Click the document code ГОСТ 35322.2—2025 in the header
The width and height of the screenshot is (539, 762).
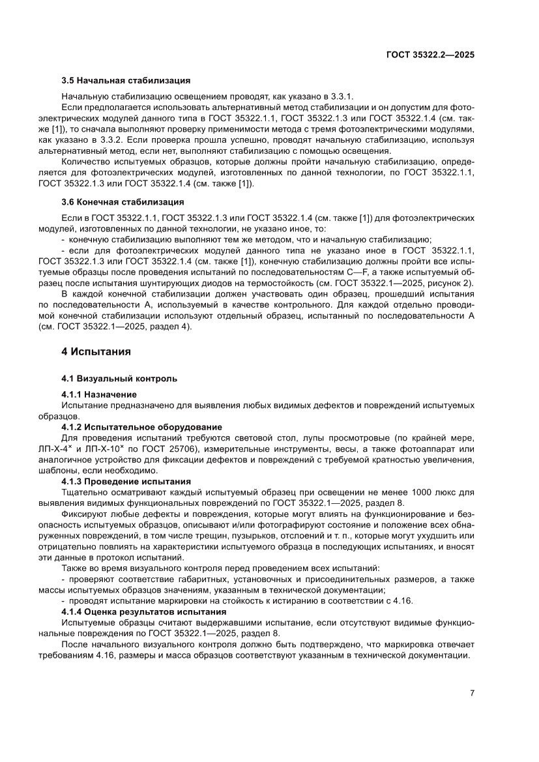coord(431,55)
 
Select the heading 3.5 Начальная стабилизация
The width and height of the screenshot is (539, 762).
coord(126,81)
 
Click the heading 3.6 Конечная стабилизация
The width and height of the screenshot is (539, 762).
coord(123,201)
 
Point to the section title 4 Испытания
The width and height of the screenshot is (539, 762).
coord(96,351)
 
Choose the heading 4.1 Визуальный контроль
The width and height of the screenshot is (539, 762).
coord(119,378)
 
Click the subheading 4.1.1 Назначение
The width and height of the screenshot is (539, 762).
coord(99,394)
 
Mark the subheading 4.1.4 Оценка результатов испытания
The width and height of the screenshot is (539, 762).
coord(144,612)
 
